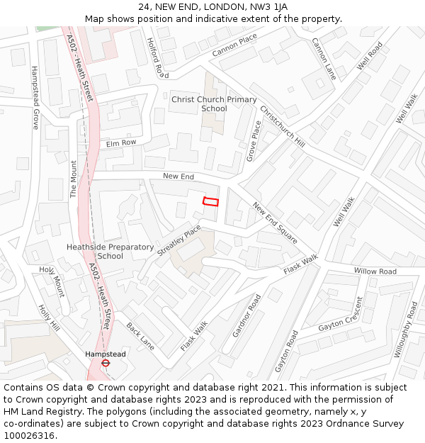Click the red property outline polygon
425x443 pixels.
(x=210, y=201)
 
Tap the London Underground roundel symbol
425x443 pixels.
(x=106, y=363)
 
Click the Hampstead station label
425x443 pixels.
(x=105, y=354)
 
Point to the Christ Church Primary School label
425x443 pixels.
(x=214, y=104)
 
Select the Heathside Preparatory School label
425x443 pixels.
(x=110, y=252)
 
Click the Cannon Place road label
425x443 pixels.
(x=234, y=46)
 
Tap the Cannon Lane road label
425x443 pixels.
(x=324, y=58)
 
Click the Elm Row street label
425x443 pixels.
(x=120, y=143)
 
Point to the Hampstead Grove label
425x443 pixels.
(x=35, y=98)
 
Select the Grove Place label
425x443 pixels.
(x=253, y=140)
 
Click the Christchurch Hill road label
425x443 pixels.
(x=282, y=126)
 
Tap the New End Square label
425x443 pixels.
(x=275, y=223)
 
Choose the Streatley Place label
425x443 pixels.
(x=179, y=242)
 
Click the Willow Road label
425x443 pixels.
(x=375, y=271)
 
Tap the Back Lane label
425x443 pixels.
(x=140, y=336)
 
